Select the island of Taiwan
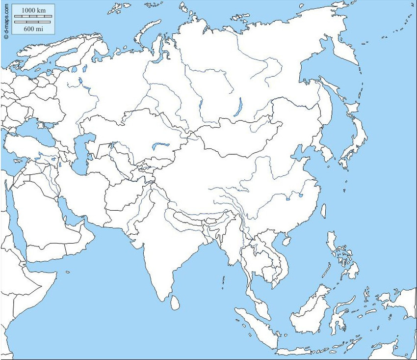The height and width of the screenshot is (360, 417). click(x=323, y=211)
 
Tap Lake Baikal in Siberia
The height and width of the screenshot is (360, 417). click(x=239, y=107)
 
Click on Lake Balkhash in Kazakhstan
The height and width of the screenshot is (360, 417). click(x=160, y=145)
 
